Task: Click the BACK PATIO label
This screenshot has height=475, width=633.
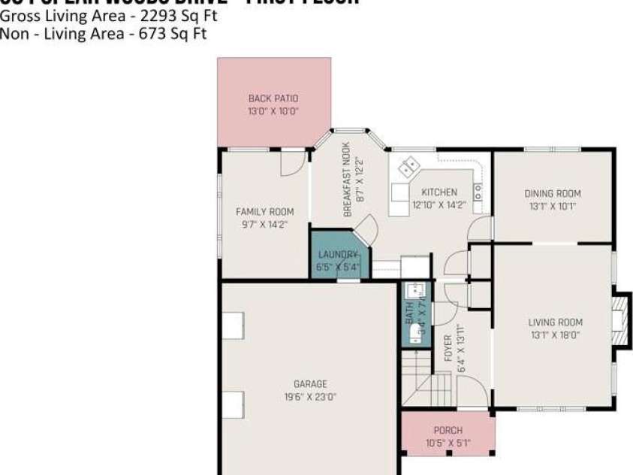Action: (x=273, y=98)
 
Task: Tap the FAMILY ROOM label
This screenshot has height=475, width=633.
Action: (x=264, y=212)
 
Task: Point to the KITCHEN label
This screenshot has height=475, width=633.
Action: (x=439, y=192)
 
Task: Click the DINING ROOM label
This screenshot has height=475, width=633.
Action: (x=552, y=194)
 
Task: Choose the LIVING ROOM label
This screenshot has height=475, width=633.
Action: (x=555, y=323)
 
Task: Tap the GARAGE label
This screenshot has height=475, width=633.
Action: (x=309, y=384)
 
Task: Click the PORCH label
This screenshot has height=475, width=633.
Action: (x=448, y=431)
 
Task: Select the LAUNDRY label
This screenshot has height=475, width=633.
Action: (x=338, y=255)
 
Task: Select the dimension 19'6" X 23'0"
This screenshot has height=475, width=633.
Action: (x=309, y=398)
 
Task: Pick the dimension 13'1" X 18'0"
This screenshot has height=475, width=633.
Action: (x=555, y=335)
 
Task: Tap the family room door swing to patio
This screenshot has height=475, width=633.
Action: (x=294, y=162)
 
